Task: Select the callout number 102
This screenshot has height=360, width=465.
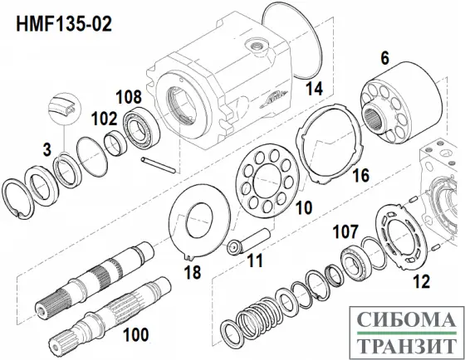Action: pyautogui.click(x=103, y=119)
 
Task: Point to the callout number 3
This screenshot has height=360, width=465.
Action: pyautogui.click(x=46, y=149)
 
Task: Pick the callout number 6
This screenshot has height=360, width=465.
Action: pyautogui.click(x=384, y=58)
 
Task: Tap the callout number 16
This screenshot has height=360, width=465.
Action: pyautogui.click(x=360, y=175)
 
